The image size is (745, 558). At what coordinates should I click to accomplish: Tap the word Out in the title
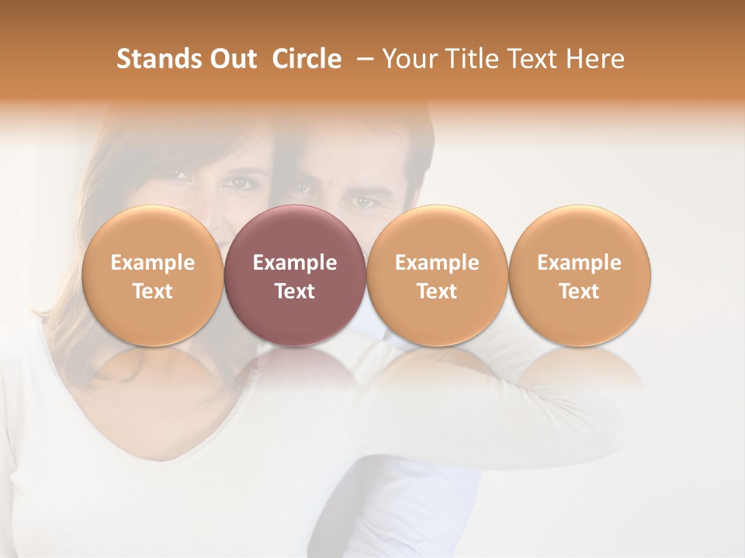coord(230,59)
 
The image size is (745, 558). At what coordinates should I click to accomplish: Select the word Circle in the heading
coord(307,59)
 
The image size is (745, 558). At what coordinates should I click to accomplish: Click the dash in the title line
coord(362,59)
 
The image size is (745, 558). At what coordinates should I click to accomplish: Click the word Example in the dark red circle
coord(295,263)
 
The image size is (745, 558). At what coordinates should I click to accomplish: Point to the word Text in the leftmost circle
coord(152,291)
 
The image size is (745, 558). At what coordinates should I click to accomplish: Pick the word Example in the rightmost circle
coord(580,263)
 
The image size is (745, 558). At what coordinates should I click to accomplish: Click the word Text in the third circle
coord(437,291)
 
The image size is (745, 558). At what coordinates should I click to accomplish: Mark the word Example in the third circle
coord(437,263)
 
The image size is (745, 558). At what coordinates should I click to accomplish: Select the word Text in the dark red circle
coord(295,291)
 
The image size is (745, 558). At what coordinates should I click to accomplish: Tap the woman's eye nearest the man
coord(234,183)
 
